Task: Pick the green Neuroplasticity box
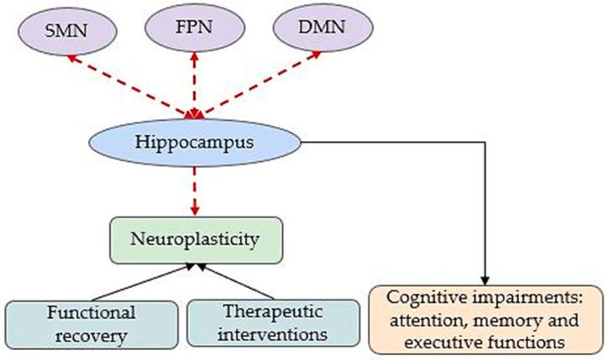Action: tap(194, 240)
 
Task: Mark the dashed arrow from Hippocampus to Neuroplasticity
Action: tap(194, 191)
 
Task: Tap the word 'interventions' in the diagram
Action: tap(267, 335)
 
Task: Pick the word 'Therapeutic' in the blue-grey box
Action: tap(267, 310)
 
